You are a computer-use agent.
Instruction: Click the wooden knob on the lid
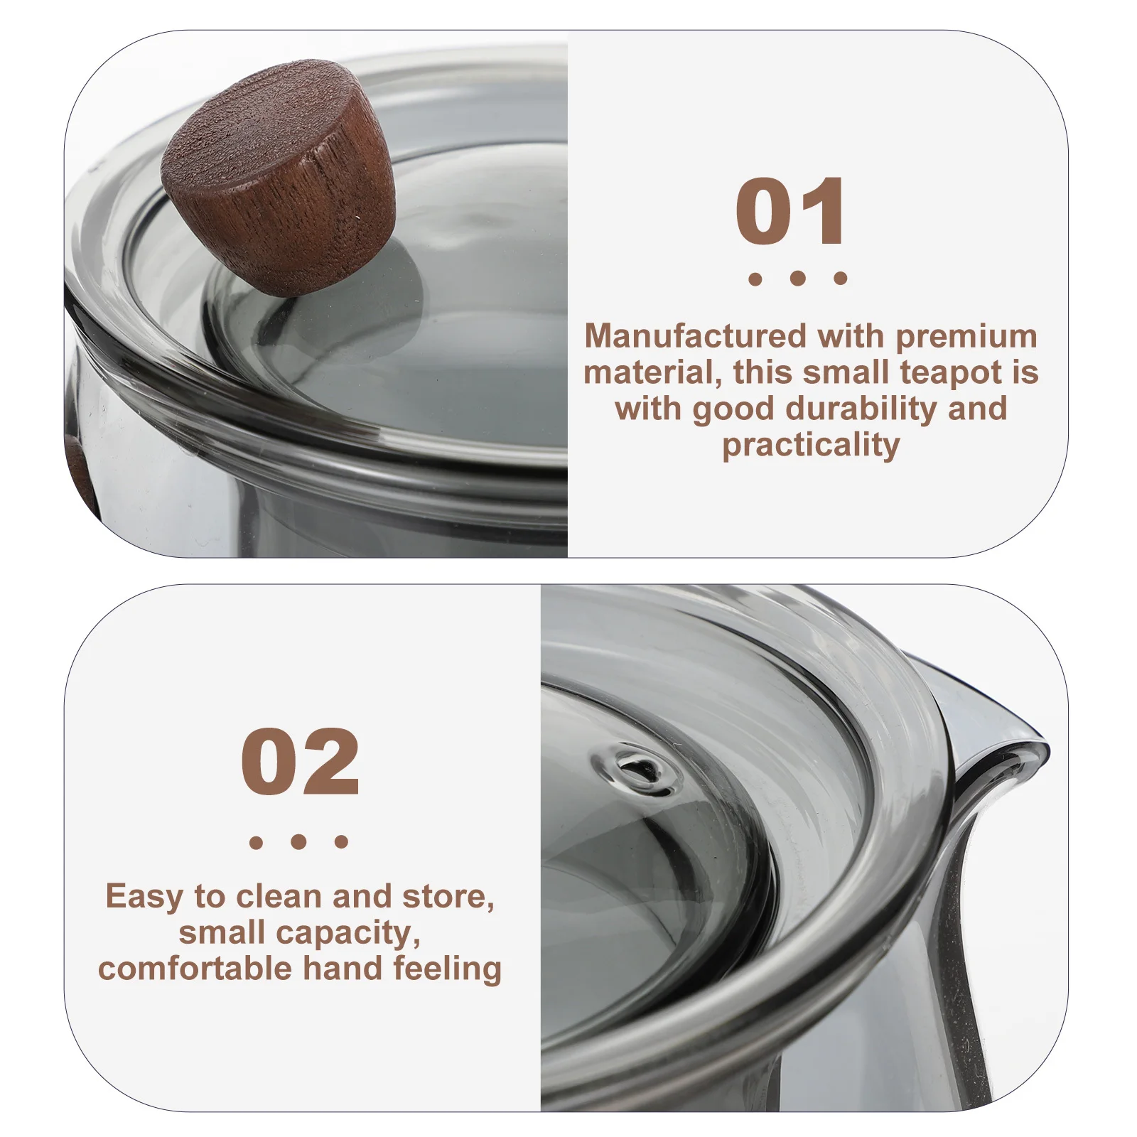[x=279, y=178]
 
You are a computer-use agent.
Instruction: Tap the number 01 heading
[x=790, y=212]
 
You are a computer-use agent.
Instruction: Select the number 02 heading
[x=299, y=762]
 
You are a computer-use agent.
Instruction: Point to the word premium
[x=966, y=336]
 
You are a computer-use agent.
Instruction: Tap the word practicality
[x=811, y=446]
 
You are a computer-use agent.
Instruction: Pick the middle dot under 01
[x=797, y=279]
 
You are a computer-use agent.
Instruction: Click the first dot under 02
[x=256, y=843]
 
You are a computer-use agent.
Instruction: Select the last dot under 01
[x=840, y=279]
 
